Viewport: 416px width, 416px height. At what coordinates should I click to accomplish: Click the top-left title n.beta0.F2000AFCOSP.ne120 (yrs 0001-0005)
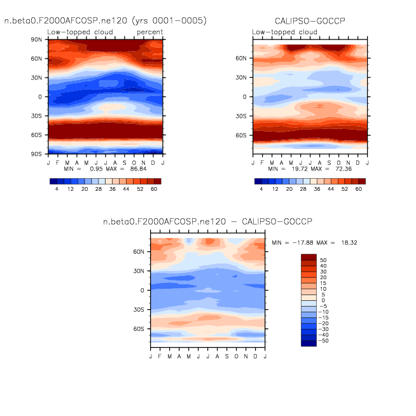(x=106, y=20)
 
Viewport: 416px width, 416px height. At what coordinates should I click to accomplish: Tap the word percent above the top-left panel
(x=149, y=32)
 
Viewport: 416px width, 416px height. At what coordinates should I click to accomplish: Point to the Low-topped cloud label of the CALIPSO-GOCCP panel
(x=284, y=32)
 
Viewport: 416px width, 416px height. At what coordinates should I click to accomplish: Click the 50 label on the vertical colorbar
(x=322, y=260)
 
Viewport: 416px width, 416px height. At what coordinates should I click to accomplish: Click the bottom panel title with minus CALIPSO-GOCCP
(x=208, y=221)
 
